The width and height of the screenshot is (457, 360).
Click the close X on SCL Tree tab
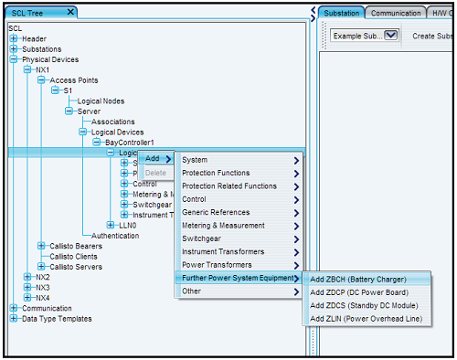click(71, 12)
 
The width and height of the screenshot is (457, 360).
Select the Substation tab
click(342, 13)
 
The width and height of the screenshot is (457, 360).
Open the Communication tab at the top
click(395, 13)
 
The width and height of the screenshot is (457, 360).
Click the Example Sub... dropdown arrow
click(391, 35)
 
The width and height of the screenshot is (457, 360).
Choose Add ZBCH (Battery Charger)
click(356, 279)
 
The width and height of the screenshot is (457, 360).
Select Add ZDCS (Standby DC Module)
click(358, 304)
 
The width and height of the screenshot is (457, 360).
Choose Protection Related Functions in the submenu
click(228, 185)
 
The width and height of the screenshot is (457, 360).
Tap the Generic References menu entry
click(216, 212)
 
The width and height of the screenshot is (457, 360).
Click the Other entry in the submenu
click(191, 291)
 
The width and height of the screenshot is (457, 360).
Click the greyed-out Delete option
click(156, 172)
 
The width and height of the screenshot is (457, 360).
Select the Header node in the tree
click(34, 38)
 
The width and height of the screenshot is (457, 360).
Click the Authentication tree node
click(115, 235)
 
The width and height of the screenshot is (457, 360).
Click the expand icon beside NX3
click(27, 287)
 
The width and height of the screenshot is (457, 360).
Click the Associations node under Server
click(112, 122)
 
